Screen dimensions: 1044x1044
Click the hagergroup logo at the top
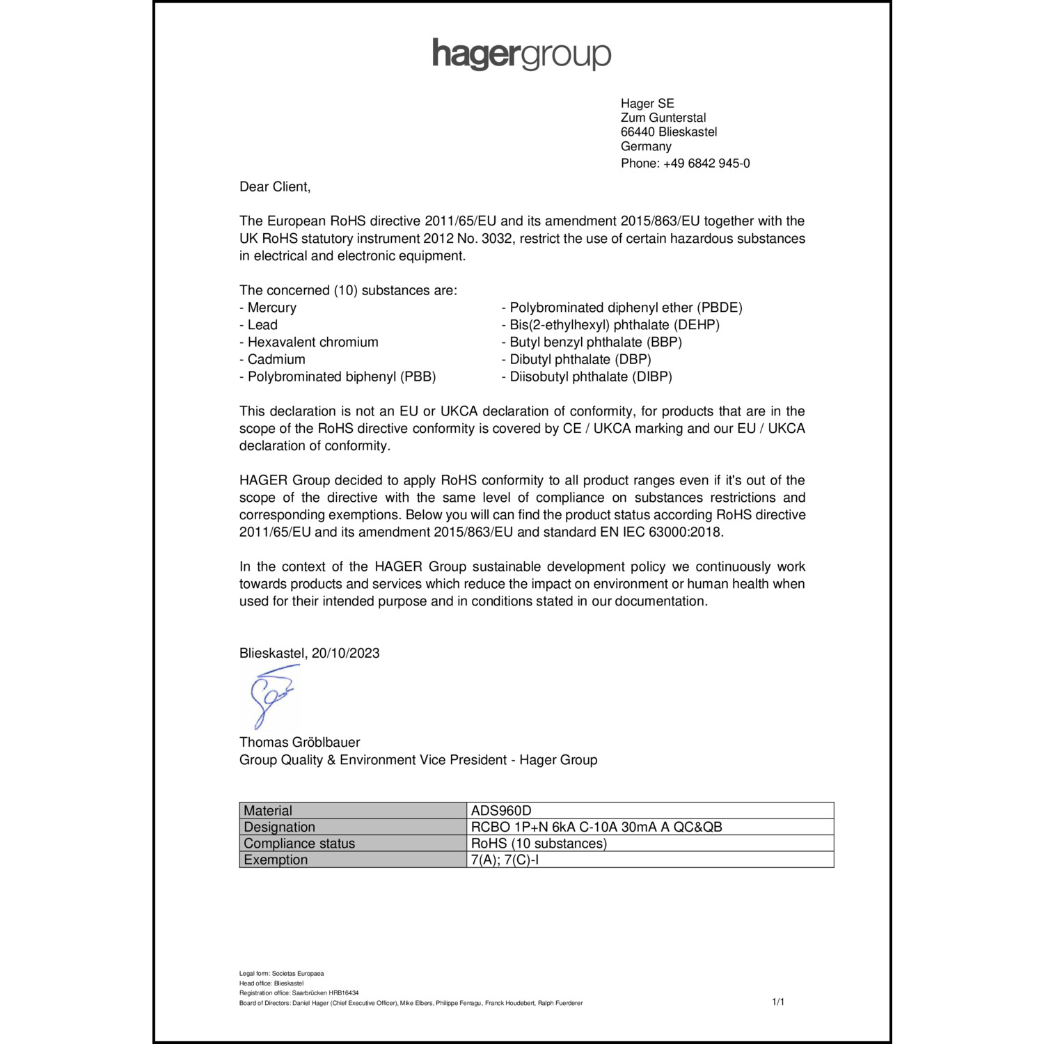point(521,54)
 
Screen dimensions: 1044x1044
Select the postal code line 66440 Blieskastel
point(668,132)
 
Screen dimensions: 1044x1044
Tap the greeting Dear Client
point(275,187)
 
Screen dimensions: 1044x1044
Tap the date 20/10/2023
point(346,653)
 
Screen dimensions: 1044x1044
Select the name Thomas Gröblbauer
point(300,743)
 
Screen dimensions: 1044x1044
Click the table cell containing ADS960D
point(501,811)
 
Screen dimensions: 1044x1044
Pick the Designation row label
point(279,827)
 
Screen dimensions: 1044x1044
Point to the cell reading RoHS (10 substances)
point(539,844)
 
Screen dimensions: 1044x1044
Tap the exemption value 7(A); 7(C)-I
point(505,860)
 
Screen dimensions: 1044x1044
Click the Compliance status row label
point(299,844)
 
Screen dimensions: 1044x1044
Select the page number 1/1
point(778,1002)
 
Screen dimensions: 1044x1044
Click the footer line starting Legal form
point(281,974)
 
